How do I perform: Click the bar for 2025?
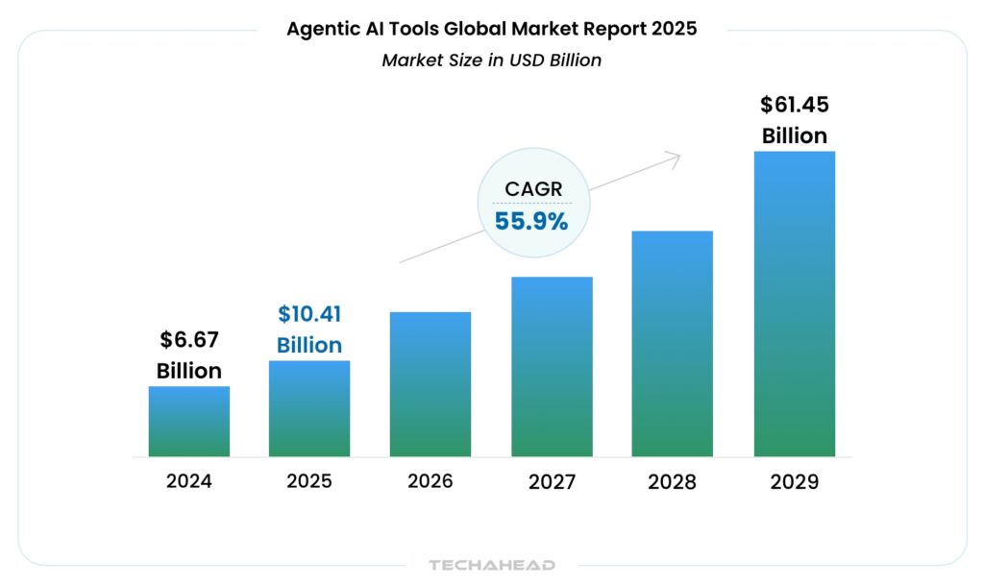(309, 408)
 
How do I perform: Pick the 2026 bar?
(430, 384)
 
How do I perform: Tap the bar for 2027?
(552, 366)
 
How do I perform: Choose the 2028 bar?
(673, 343)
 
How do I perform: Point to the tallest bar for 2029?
(794, 304)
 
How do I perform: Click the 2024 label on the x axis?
(189, 481)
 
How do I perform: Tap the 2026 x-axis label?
(430, 481)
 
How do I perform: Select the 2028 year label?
(673, 481)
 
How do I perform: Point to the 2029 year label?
(794, 481)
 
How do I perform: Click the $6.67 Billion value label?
(189, 354)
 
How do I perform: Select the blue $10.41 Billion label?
(309, 329)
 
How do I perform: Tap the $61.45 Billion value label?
(794, 119)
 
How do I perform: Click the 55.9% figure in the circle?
(531, 221)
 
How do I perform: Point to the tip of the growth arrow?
(679, 155)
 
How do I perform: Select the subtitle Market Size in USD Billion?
(491, 60)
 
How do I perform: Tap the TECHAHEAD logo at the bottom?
(492, 565)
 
